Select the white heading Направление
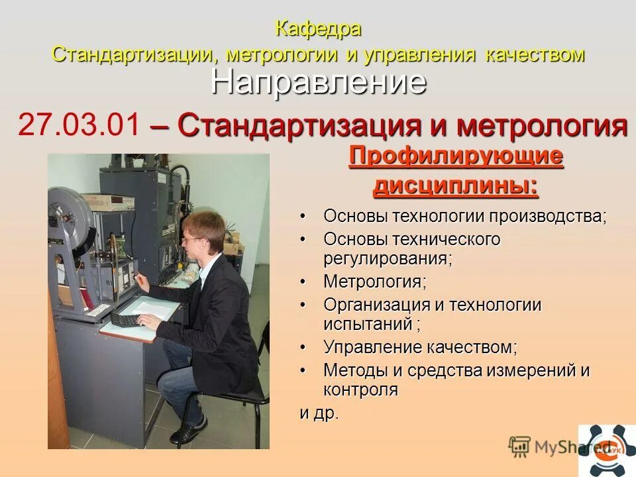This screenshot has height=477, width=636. tap(319, 82)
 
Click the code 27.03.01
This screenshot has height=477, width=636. tap(79, 125)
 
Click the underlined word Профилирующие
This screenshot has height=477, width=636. tap(456, 157)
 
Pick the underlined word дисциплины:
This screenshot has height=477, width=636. tap(456, 185)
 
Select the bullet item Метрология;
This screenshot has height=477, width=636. tap(375, 281)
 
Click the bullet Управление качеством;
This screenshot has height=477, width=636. tap(420, 346)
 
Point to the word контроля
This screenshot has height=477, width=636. tap(360, 390)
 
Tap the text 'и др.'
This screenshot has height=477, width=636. tap(319, 413)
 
